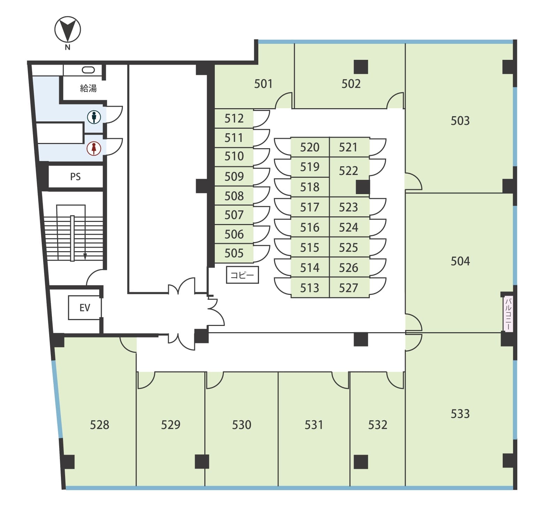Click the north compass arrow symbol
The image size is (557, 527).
(x=68, y=30)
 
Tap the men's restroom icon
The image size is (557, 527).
(x=94, y=117)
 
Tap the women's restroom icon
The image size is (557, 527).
(x=94, y=148)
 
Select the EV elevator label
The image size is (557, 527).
(x=85, y=308)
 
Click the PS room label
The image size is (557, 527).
(x=75, y=177)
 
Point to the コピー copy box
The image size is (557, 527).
(x=242, y=275)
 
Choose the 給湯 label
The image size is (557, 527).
(x=88, y=88)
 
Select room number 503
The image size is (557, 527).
(x=460, y=121)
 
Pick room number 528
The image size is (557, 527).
(x=99, y=425)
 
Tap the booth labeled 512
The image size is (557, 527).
(x=234, y=119)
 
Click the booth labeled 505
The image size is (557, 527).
(x=234, y=253)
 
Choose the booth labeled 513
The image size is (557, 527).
(x=310, y=288)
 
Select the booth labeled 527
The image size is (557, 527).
(x=349, y=288)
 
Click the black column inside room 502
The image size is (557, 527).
(x=361, y=67)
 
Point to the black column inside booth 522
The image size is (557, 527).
(x=363, y=187)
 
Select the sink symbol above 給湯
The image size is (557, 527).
(x=88, y=70)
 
